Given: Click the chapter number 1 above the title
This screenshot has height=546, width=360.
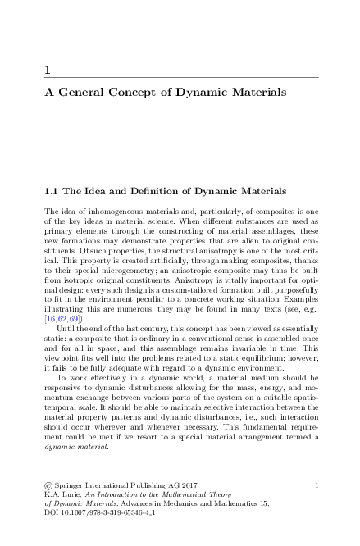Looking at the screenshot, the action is [48, 71].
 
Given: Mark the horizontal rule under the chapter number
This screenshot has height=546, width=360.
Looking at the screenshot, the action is [180, 78].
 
